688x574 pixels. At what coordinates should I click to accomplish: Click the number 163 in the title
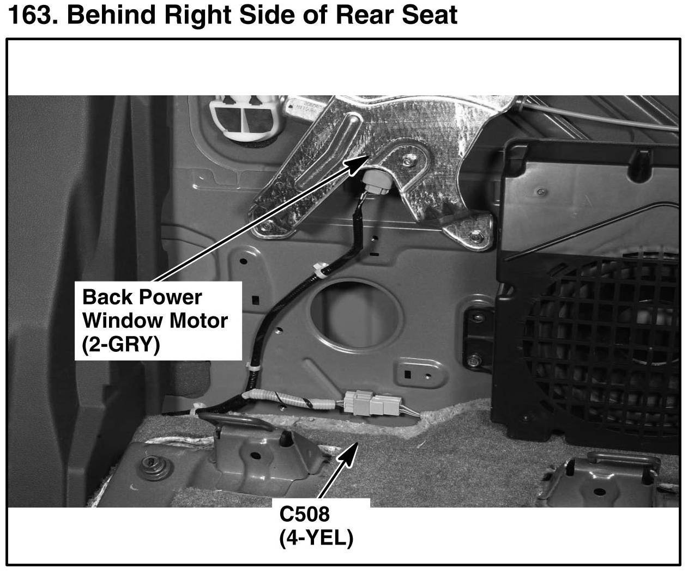tap(33, 15)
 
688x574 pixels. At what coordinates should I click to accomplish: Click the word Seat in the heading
tap(430, 15)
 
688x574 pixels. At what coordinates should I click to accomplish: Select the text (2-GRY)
tap(121, 345)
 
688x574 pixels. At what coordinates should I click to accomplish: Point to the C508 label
tap(304, 514)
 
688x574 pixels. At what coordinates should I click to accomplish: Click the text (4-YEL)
tap(316, 538)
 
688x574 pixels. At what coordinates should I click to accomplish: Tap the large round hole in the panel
tap(356, 316)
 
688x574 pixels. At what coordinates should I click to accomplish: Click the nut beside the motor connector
tap(409, 161)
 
